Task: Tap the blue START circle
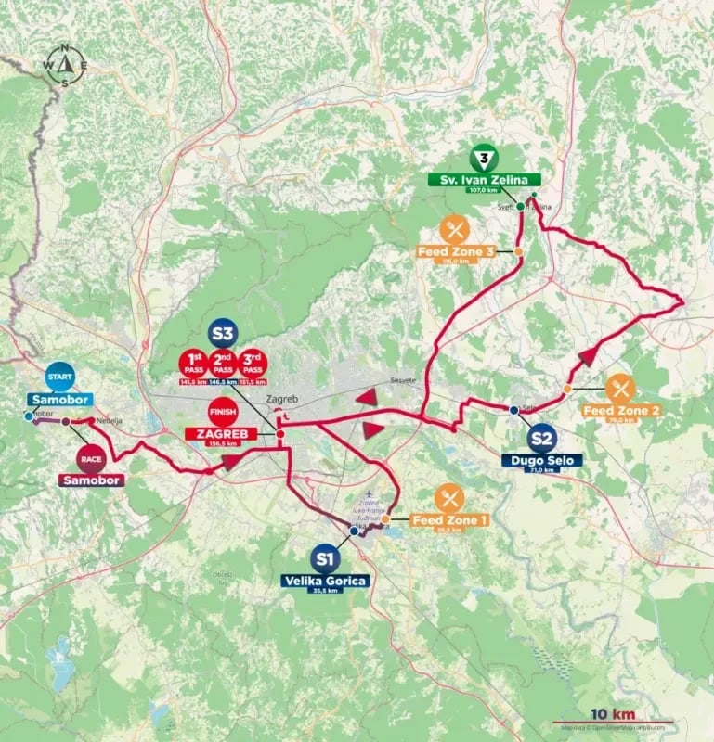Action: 58,377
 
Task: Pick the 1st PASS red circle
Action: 194,362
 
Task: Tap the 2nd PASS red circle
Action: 223,362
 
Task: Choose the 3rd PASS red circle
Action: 252,362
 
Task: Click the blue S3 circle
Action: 223,332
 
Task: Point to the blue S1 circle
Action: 324,558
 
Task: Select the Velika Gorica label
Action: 325,581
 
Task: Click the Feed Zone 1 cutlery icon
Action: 449,498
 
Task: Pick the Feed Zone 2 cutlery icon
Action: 619,388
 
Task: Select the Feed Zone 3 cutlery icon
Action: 454,229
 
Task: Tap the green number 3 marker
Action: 483,158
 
